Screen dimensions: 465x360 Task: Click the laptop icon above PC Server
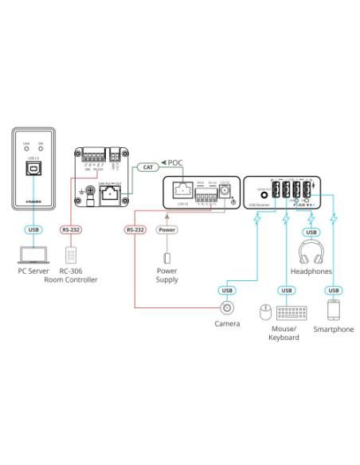pos(33,255)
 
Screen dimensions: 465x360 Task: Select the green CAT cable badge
pos(147,167)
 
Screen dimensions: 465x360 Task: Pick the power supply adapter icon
pos(166,259)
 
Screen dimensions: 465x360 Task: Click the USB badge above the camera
pos(228,290)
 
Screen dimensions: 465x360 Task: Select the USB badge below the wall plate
pos(33,231)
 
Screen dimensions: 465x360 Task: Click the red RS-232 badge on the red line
pos(135,231)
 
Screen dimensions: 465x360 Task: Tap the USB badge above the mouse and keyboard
pos(284,290)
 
